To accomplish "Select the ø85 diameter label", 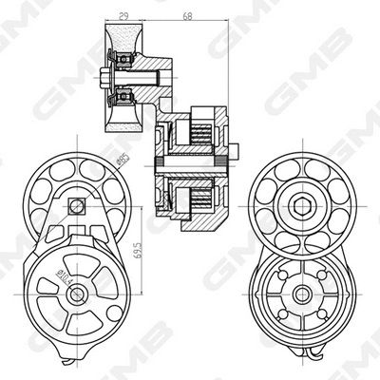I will (x=123, y=161).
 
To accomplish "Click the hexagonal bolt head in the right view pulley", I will (x=301, y=206).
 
